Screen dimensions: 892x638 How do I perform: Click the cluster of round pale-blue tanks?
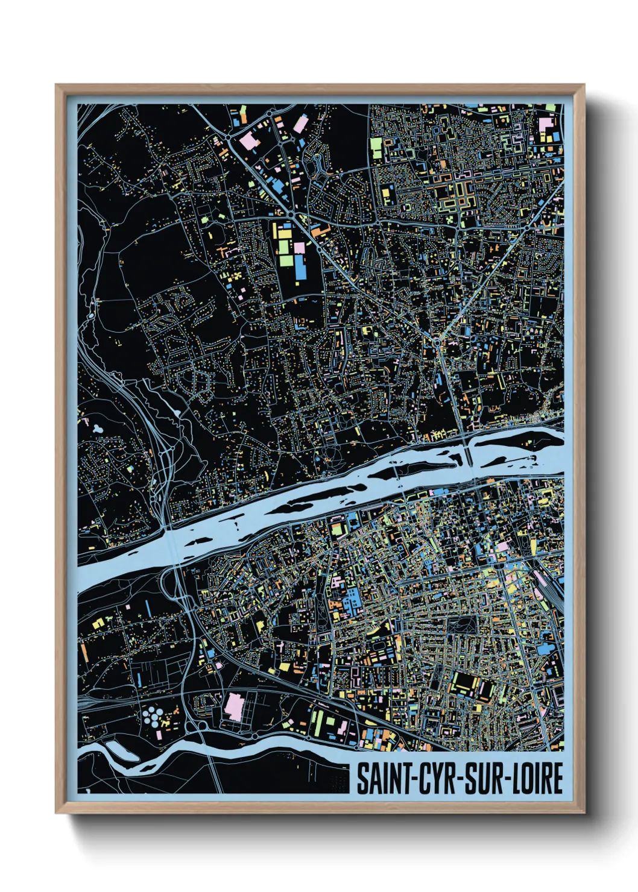tap(153, 717)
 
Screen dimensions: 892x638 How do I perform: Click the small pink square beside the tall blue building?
tap(298, 248)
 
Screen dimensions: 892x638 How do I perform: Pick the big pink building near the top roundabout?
tap(248, 142)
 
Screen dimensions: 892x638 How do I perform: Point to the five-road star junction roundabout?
tap(436, 342)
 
